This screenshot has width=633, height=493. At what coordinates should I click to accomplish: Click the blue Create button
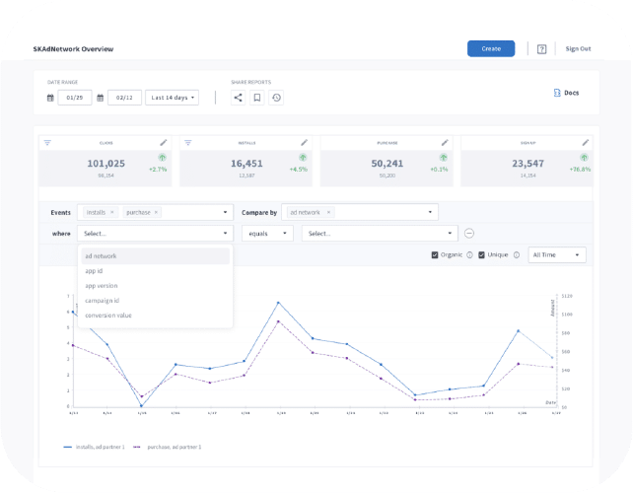pos(491,48)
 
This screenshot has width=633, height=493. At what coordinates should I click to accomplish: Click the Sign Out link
pos(578,48)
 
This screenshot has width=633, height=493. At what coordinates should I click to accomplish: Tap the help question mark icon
pos(542,48)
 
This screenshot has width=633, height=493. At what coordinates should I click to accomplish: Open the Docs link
pos(567,93)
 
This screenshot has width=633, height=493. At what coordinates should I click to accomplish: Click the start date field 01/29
pos(75,98)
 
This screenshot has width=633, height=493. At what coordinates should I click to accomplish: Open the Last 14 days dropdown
pos(172,98)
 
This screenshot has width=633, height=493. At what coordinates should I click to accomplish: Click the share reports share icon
pos(238,98)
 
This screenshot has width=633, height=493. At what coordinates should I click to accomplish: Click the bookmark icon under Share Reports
pos(256,98)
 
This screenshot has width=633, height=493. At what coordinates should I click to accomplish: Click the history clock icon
pos(276,98)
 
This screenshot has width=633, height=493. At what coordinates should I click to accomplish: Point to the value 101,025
pos(105,164)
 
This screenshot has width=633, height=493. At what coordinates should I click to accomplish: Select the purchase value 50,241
pos(387,164)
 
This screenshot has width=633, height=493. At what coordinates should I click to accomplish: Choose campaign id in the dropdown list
pos(102,301)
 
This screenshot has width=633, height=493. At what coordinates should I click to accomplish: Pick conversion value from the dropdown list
pos(107,316)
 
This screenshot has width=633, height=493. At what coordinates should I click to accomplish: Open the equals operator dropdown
pos(267,234)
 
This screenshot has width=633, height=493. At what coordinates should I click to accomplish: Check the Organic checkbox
pos(436,255)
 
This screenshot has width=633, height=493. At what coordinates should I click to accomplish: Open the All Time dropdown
pos(558,255)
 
